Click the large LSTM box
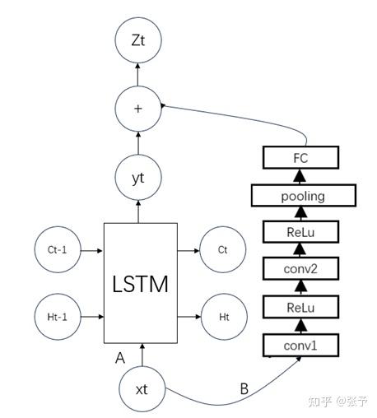pyautogui.click(x=140, y=282)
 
